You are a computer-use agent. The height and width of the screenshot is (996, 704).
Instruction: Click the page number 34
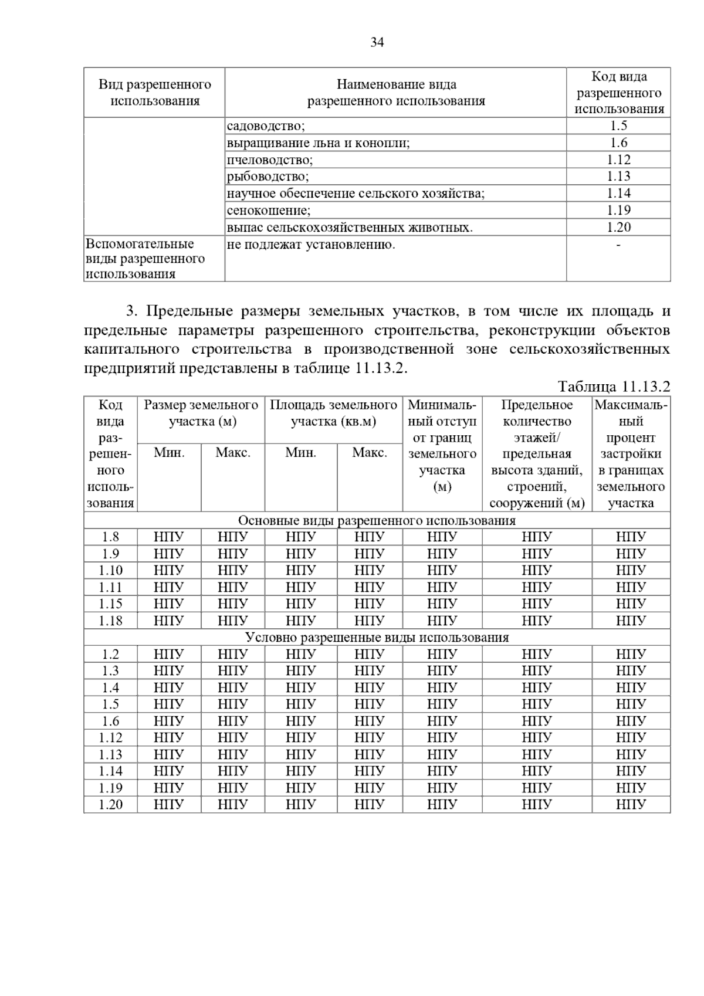tap(377, 42)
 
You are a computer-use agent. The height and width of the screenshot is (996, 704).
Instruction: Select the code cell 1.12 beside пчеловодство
tap(618, 160)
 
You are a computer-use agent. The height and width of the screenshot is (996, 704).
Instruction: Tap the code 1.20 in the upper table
tap(618, 227)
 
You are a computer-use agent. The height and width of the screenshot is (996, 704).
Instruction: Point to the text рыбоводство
tap(268, 177)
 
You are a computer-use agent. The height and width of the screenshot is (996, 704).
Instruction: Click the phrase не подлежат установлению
tap(311, 245)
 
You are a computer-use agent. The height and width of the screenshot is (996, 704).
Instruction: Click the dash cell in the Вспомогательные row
tap(618, 245)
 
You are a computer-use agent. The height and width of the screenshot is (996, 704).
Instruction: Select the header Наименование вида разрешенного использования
tap(396, 93)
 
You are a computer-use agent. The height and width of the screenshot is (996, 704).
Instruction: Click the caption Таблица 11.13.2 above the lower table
tap(614, 387)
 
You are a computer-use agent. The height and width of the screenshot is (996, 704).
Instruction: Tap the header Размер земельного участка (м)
tap(201, 413)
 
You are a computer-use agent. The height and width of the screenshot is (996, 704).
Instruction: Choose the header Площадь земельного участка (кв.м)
tap(333, 413)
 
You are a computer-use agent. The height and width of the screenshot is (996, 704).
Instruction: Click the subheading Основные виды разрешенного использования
tap(377, 521)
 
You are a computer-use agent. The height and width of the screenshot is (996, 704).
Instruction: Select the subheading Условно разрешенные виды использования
tap(377, 638)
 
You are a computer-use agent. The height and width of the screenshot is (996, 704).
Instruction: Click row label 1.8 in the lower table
tap(110, 537)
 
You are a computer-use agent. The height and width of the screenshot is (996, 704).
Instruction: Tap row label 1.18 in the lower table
tap(110, 621)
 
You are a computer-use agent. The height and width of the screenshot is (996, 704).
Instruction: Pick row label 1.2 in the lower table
tap(110, 654)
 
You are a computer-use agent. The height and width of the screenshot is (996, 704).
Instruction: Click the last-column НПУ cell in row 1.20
tap(631, 805)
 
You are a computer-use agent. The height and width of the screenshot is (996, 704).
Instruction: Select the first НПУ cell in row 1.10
tap(169, 570)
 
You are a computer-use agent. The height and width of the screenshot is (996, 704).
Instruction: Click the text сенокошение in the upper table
tap(269, 210)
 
